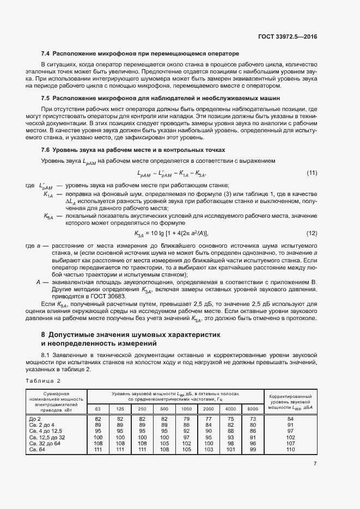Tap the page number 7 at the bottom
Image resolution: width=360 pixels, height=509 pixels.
(315, 464)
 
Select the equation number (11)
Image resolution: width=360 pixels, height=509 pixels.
(312, 173)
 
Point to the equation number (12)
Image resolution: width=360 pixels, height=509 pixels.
(312, 233)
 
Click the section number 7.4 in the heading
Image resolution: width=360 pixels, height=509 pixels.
(46, 54)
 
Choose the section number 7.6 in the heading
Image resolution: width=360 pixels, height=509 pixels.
(46, 150)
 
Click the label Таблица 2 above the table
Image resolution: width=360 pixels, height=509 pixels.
(42, 381)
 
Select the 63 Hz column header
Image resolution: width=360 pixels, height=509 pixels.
(98, 408)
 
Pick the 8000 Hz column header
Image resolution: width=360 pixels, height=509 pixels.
(253, 408)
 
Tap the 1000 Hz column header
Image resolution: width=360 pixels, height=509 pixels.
(186, 408)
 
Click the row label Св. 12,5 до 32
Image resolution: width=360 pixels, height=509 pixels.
(47, 437)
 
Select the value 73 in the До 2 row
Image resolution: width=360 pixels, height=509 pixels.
(253, 419)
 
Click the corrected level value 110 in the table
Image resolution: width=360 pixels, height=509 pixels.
(290, 449)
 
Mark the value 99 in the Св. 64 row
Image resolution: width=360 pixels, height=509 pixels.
(253, 449)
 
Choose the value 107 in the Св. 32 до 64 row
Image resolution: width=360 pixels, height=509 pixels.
(290, 443)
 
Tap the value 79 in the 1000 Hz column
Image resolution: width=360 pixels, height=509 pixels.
(186, 419)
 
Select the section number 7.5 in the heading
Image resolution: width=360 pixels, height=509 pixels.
(46, 98)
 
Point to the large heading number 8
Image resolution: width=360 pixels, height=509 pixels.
(43, 334)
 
